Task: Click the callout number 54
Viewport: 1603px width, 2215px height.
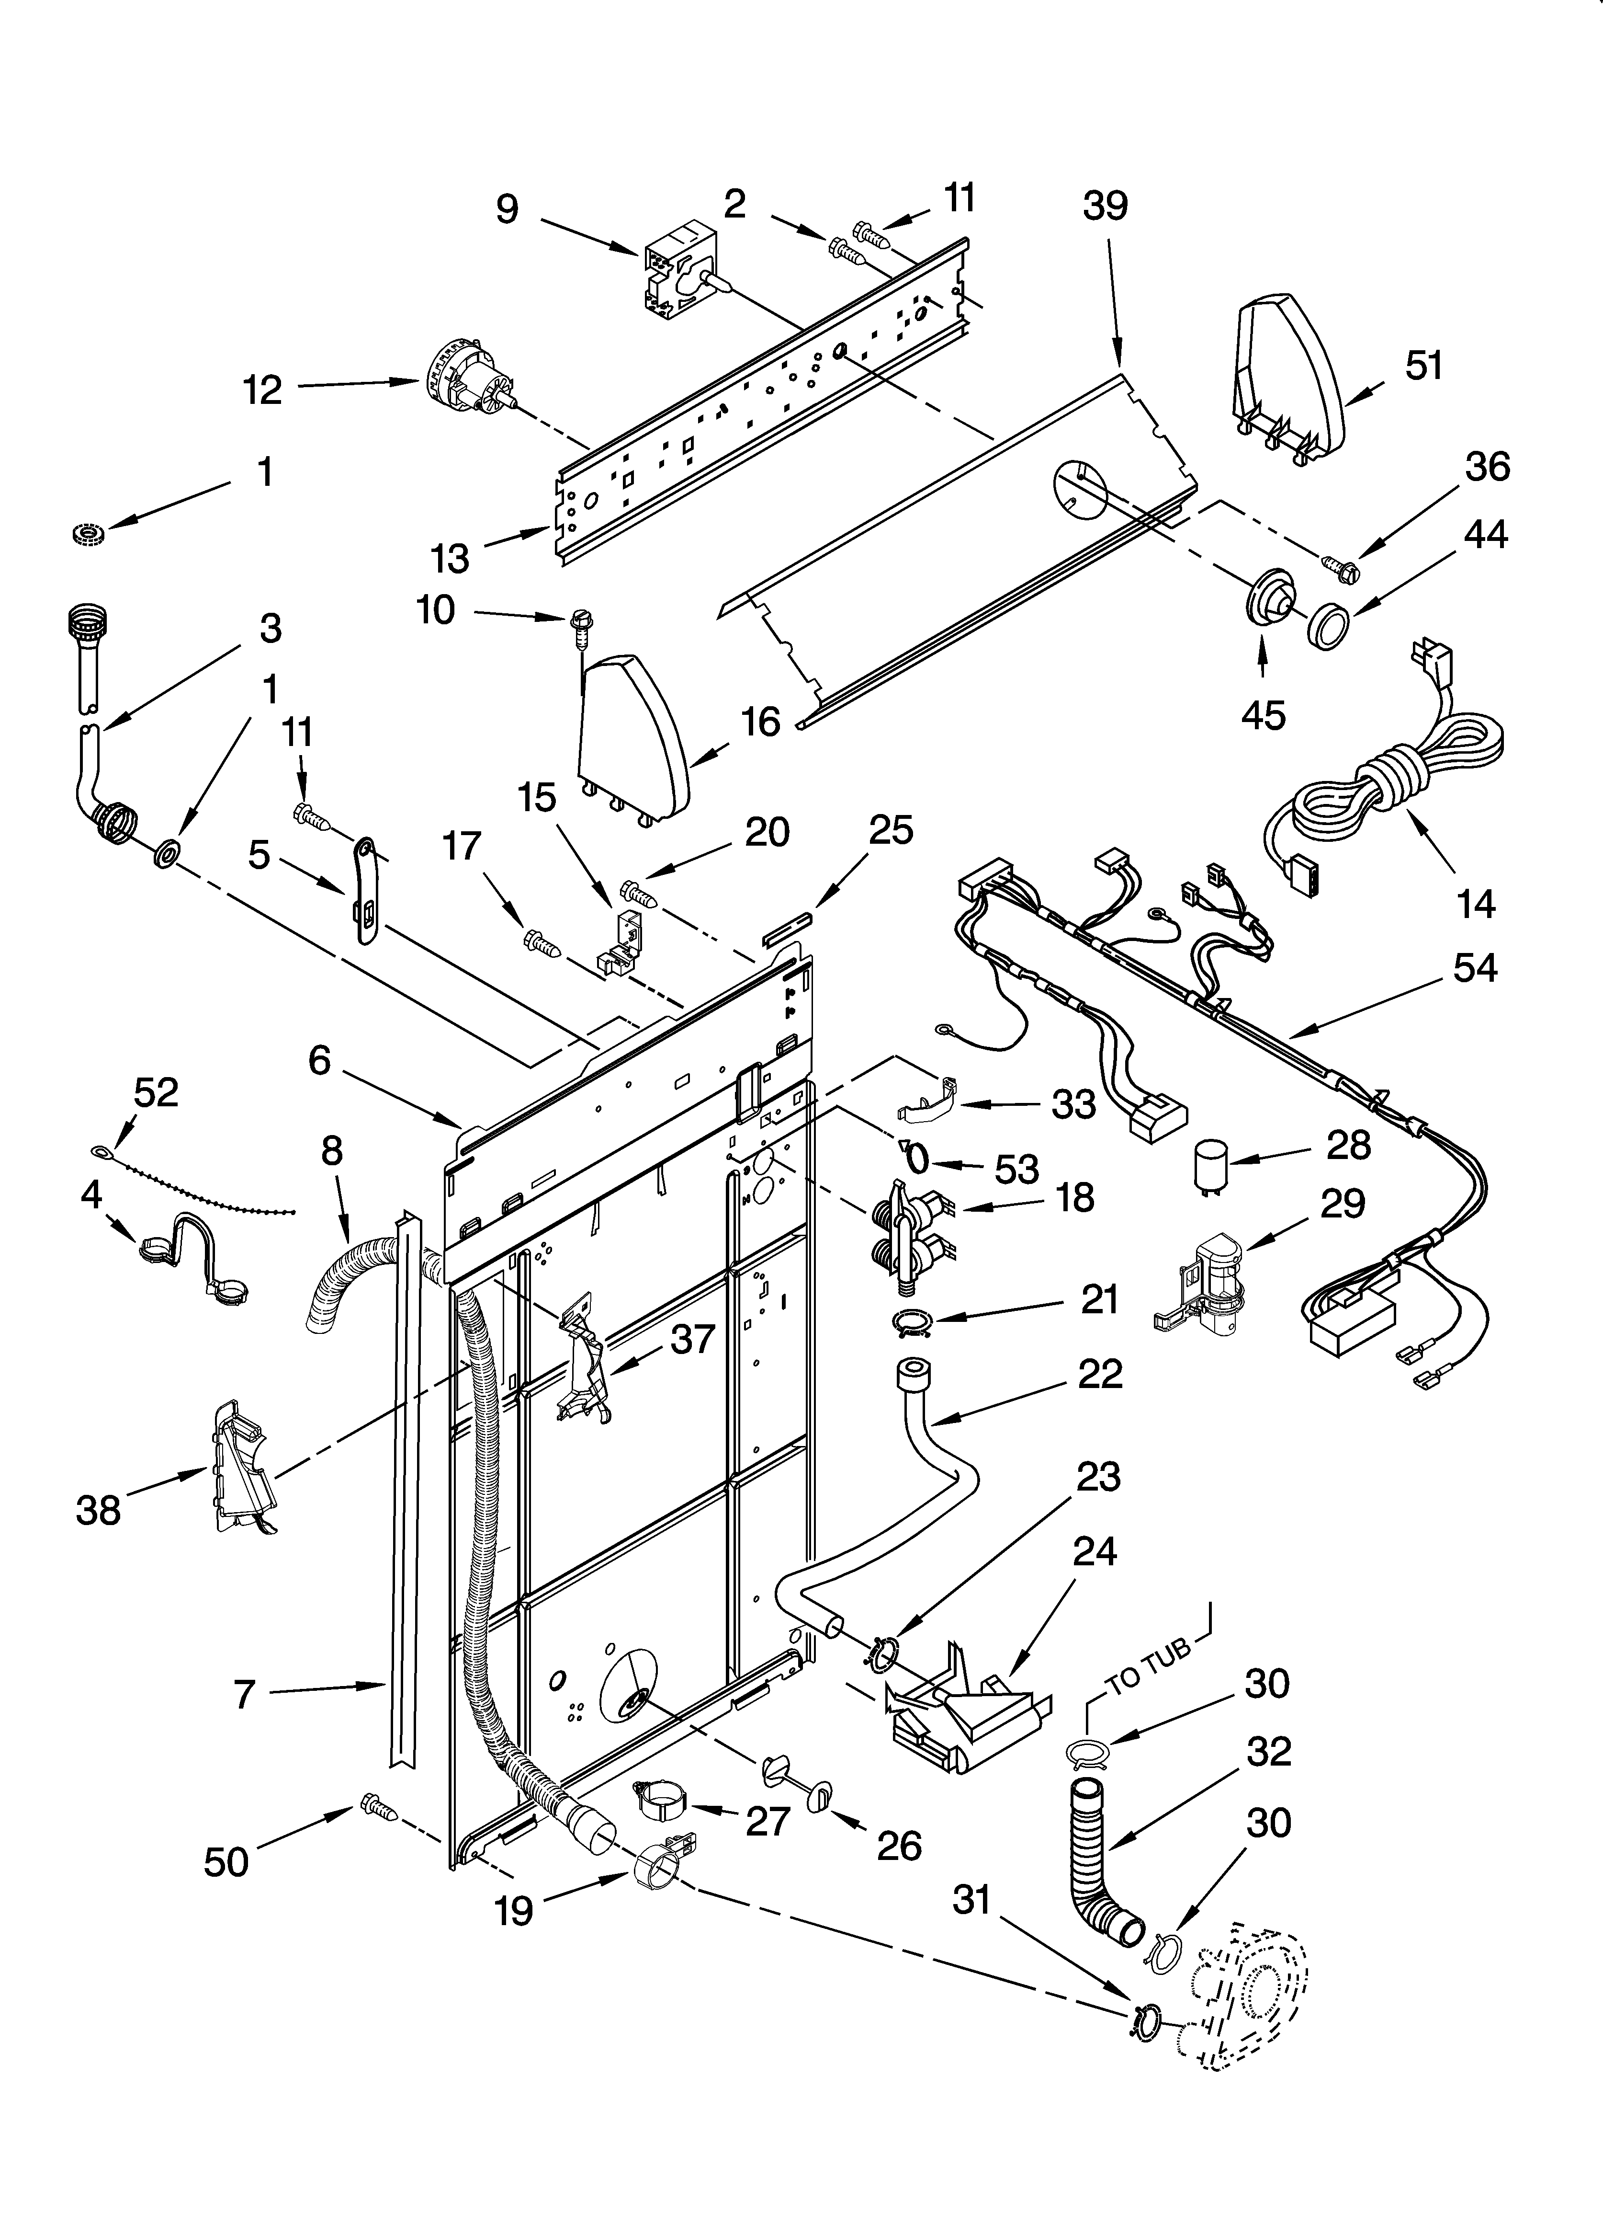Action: [x=1474, y=968]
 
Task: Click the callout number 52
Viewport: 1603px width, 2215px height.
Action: [x=156, y=1092]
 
